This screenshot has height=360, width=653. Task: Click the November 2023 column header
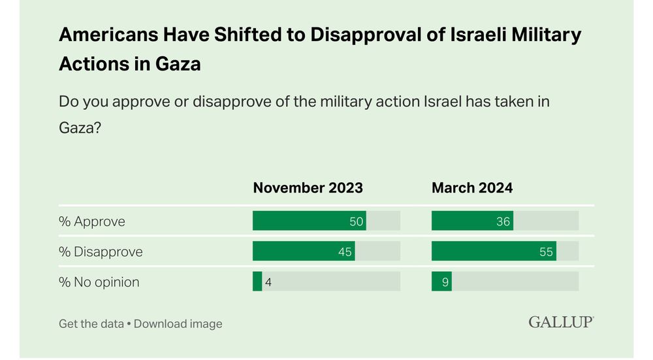pos(308,188)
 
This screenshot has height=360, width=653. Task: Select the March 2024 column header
pos(472,188)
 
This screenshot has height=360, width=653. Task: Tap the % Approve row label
pos(91,221)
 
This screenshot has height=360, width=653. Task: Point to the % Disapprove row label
pos(101,252)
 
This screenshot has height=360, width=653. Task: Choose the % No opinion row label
pos(99,282)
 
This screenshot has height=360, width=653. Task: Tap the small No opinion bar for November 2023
pos(257,282)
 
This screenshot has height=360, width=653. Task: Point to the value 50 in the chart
pos(356,221)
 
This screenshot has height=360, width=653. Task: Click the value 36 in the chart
pos(503,221)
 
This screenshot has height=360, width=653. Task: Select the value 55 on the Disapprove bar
pos(546,252)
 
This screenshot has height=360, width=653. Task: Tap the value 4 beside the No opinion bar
pos(268,282)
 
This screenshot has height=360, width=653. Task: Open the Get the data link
pos(91,323)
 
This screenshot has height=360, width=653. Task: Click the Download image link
pos(178,323)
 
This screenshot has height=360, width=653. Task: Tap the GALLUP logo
pos(561,322)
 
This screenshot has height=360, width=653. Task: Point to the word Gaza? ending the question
pos(80,127)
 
